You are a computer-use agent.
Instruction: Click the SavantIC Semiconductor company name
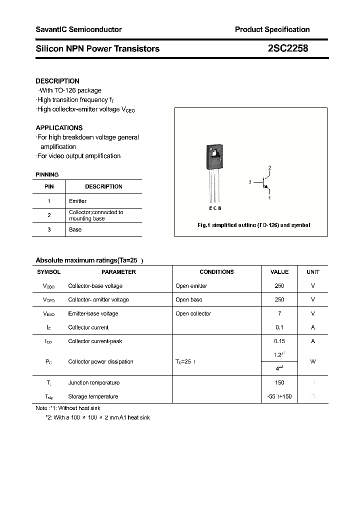tap(78, 29)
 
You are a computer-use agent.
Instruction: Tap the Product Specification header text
tap(272, 29)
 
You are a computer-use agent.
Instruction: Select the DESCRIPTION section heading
tap(57, 81)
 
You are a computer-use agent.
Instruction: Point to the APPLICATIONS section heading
tap(59, 127)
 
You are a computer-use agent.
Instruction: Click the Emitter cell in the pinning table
tap(77, 201)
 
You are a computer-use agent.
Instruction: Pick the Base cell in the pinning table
tap(75, 229)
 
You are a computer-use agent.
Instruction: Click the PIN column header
tap(49, 186)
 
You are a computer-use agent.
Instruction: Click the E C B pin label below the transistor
tap(215, 208)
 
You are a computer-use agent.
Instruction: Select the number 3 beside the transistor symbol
tap(249, 182)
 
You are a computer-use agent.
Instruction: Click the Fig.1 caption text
tap(253, 225)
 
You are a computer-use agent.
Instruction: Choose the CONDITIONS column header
tap(216, 272)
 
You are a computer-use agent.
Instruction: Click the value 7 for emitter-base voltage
tap(279, 313)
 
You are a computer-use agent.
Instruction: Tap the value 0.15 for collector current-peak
tap(279, 341)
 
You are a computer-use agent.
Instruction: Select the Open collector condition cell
tap(193, 313)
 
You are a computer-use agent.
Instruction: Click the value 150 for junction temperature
tap(279, 382)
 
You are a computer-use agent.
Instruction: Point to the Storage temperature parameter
tap(93, 396)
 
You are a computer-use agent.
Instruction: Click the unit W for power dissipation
tap(313, 361)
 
